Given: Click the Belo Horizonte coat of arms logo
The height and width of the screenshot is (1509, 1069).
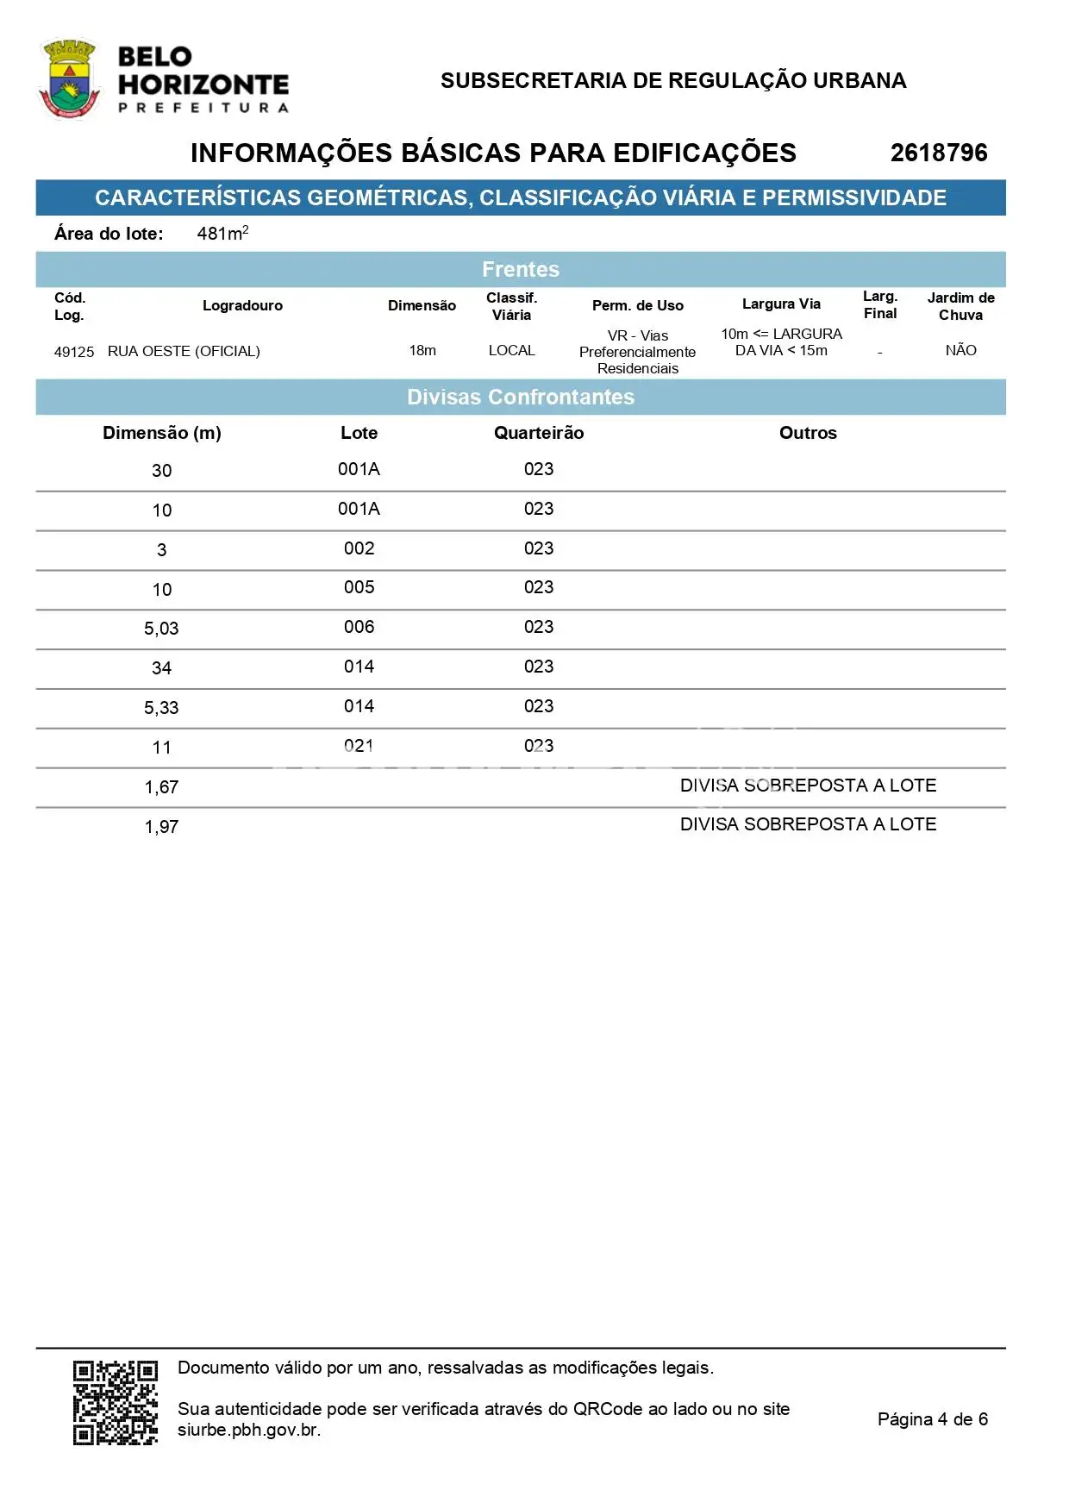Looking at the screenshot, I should click(x=70, y=78).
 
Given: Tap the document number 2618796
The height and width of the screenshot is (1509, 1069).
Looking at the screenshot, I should click(x=938, y=153).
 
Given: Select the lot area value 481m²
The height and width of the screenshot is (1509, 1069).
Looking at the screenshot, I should click(x=222, y=233).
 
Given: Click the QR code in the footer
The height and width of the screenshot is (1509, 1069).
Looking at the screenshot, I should click(x=116, y=1402).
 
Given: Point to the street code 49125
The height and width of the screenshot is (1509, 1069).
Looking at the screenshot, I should click(x=74, y=352).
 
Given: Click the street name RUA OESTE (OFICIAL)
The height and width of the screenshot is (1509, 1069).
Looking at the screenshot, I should click(x=184, y=351).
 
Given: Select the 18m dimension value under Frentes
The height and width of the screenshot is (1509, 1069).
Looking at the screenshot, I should click(x=422, y=350).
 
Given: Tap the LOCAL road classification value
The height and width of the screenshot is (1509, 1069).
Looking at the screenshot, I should click(x=511, y=350).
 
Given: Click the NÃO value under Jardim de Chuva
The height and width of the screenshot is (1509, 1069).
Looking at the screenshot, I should click(x=960, y=350).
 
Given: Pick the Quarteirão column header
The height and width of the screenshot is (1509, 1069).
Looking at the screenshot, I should click(x=539, y=433).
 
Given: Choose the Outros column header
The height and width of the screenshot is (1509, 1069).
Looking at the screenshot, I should click(x=808, y=433).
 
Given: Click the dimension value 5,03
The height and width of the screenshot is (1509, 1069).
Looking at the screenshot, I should click(x=161, y=629).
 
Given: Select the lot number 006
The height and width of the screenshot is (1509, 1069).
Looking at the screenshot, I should click(x=359, y=627).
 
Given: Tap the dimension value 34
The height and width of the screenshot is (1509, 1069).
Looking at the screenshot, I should click(x=161, y=668).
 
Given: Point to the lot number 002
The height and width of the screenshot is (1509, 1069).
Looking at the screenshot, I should click(x=359, y=548).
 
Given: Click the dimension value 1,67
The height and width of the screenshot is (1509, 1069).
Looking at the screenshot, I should click(x=161, y=787).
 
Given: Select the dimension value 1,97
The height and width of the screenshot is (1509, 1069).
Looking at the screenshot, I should click(x=161, y=827).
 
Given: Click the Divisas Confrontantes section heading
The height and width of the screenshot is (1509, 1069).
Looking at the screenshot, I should click(x=521, y=397).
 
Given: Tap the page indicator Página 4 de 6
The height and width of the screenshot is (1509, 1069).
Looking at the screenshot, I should click(x=932, y=1418).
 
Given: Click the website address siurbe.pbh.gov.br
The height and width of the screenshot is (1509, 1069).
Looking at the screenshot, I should click(x=248, y=1430).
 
